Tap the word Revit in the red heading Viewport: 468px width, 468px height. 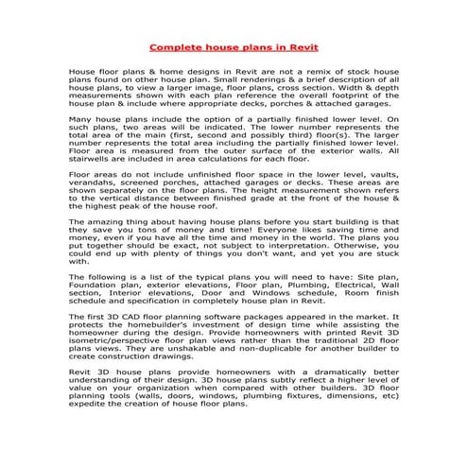point(303,45)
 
